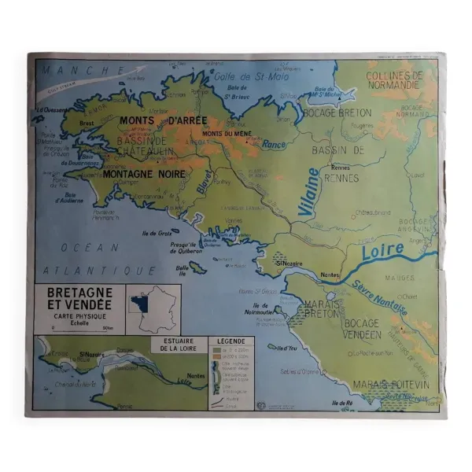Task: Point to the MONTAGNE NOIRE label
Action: coord(144,174)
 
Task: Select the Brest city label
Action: coord(87,123)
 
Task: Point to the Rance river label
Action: coord(274,145)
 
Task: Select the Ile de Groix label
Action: coord(157,234)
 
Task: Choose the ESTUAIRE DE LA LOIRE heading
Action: coord(177,345)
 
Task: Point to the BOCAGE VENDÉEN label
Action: coord(361,329)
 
